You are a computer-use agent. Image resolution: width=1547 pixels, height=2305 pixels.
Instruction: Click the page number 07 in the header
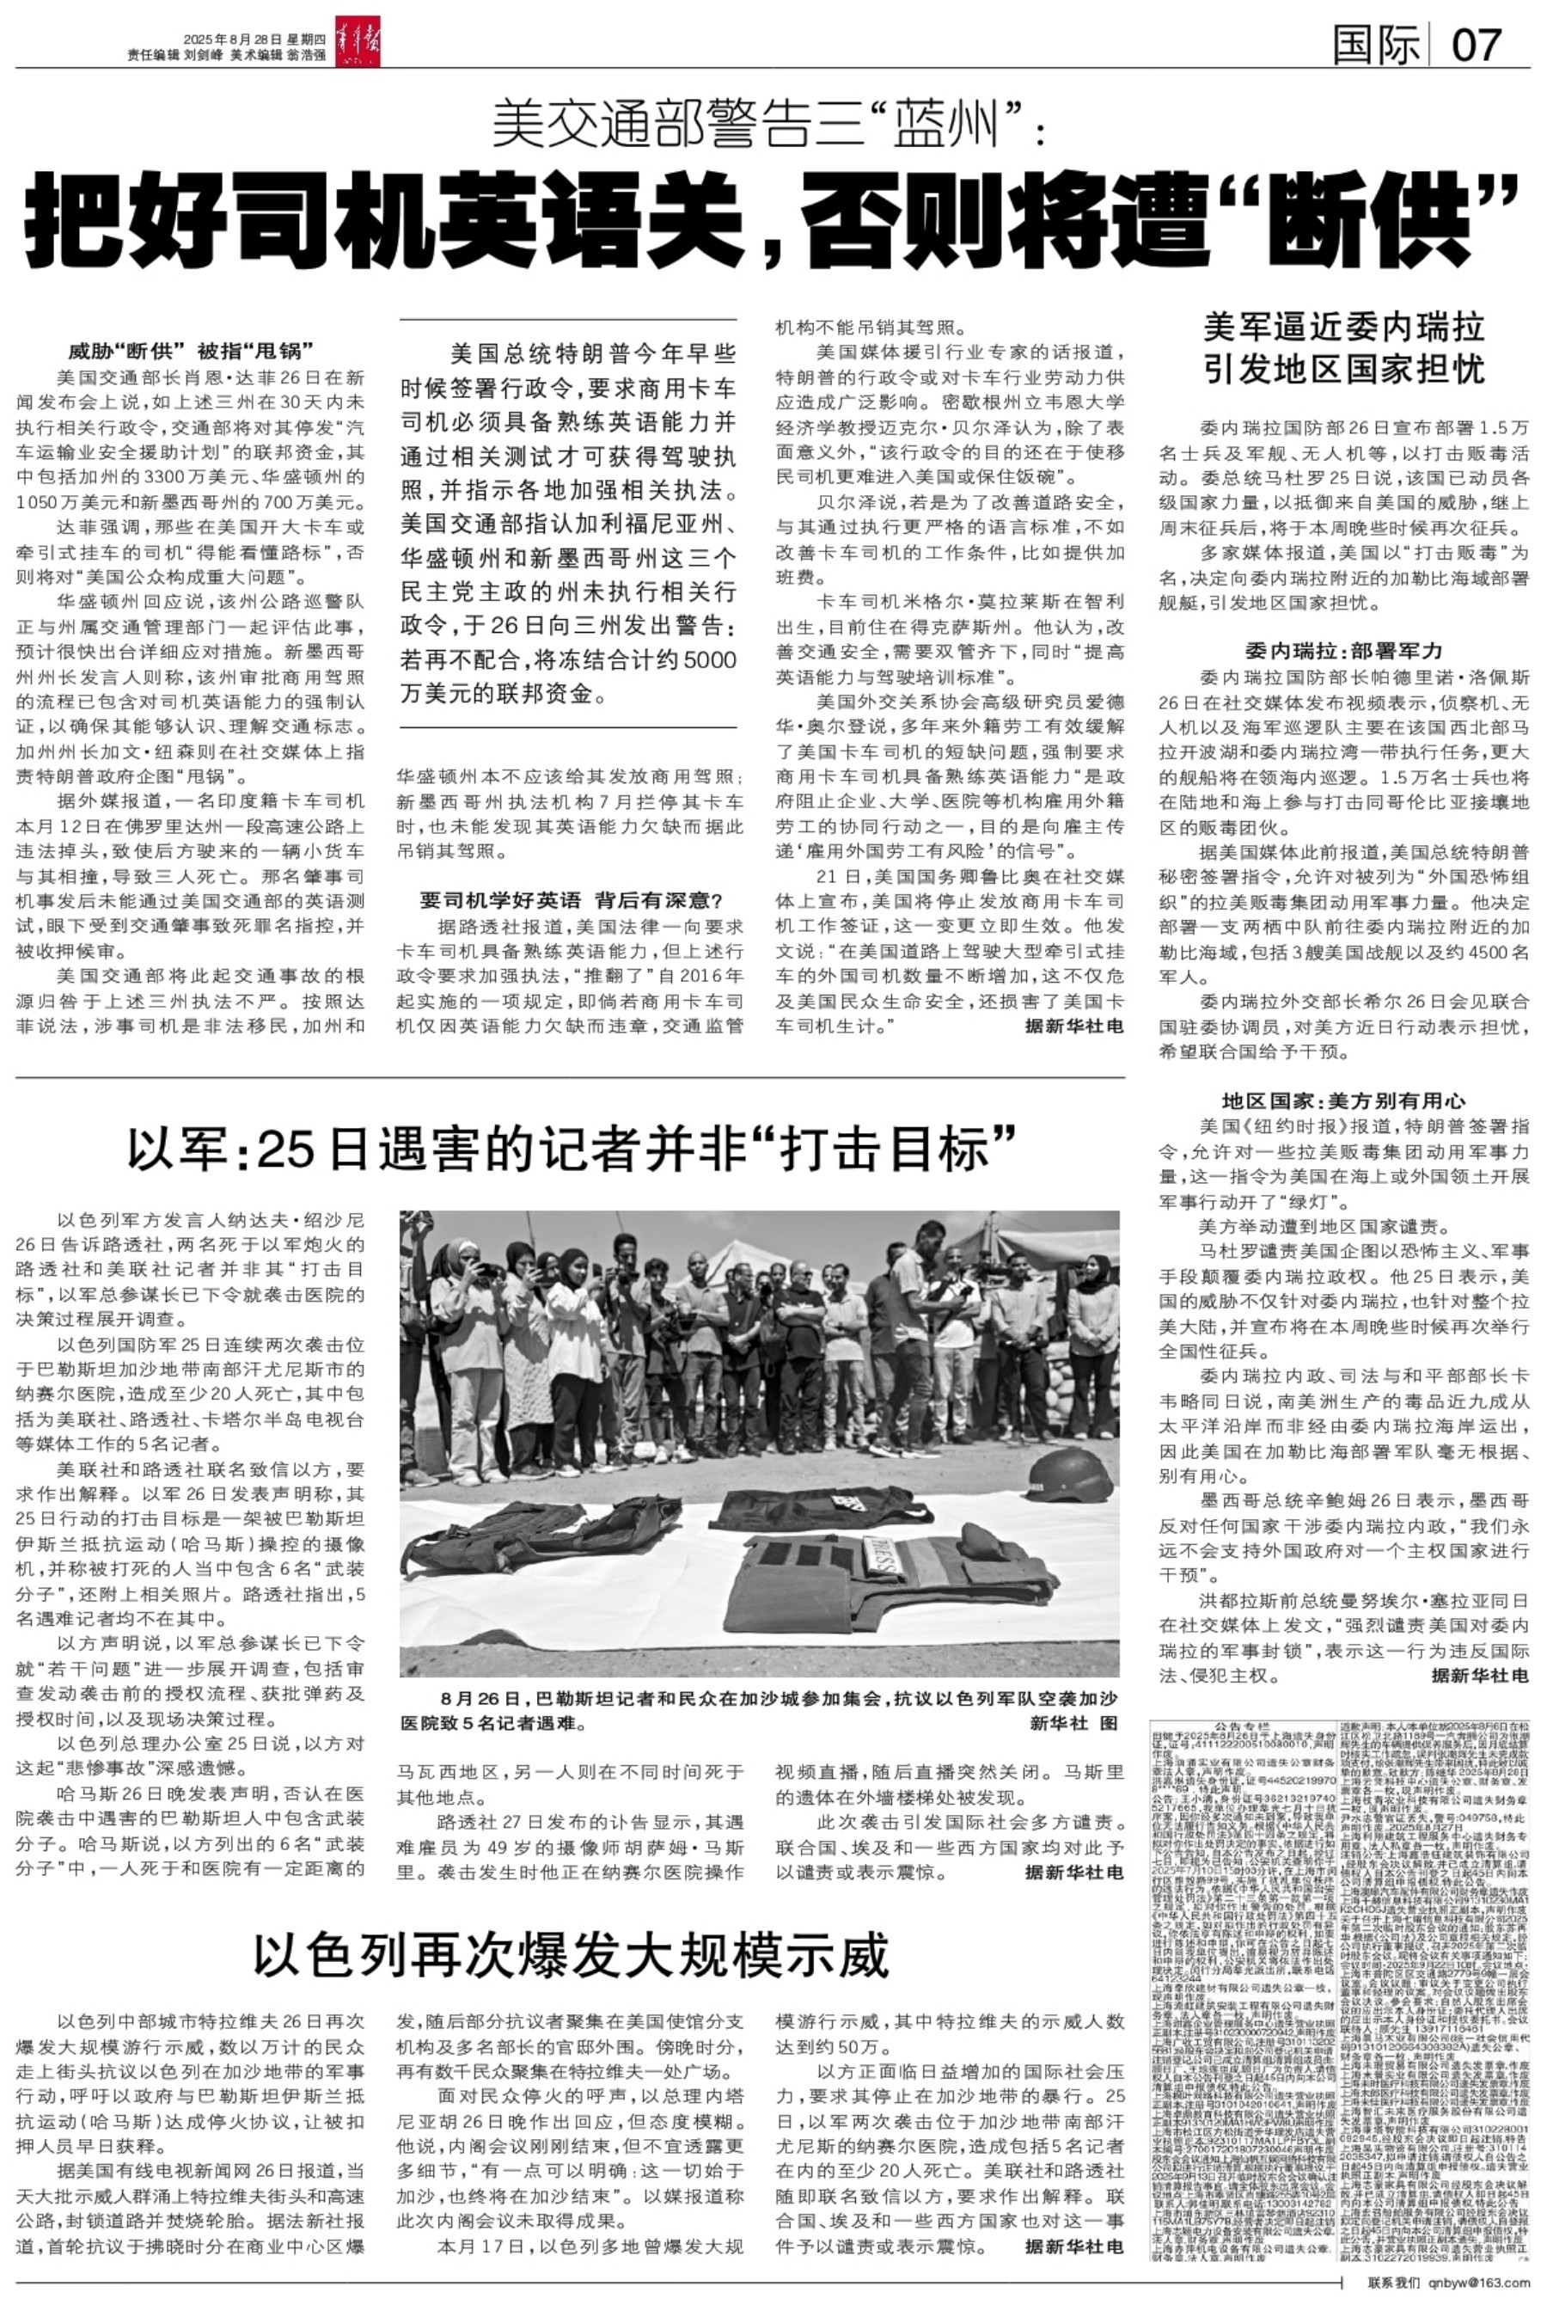[x=1477, y=45]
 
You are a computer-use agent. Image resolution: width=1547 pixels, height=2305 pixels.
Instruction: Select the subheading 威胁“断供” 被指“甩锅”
[x=191, y=350]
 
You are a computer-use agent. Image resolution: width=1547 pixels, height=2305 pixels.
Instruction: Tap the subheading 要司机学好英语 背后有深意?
[x=572, y=900]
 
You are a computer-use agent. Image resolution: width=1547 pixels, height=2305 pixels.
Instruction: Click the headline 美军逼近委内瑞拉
[x=1344, y=327]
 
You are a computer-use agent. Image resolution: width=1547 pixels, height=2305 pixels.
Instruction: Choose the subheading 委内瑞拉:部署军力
[x=1344, y=651]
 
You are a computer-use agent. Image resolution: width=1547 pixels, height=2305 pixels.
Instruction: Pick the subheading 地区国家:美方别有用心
[x=1344, y=1101]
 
